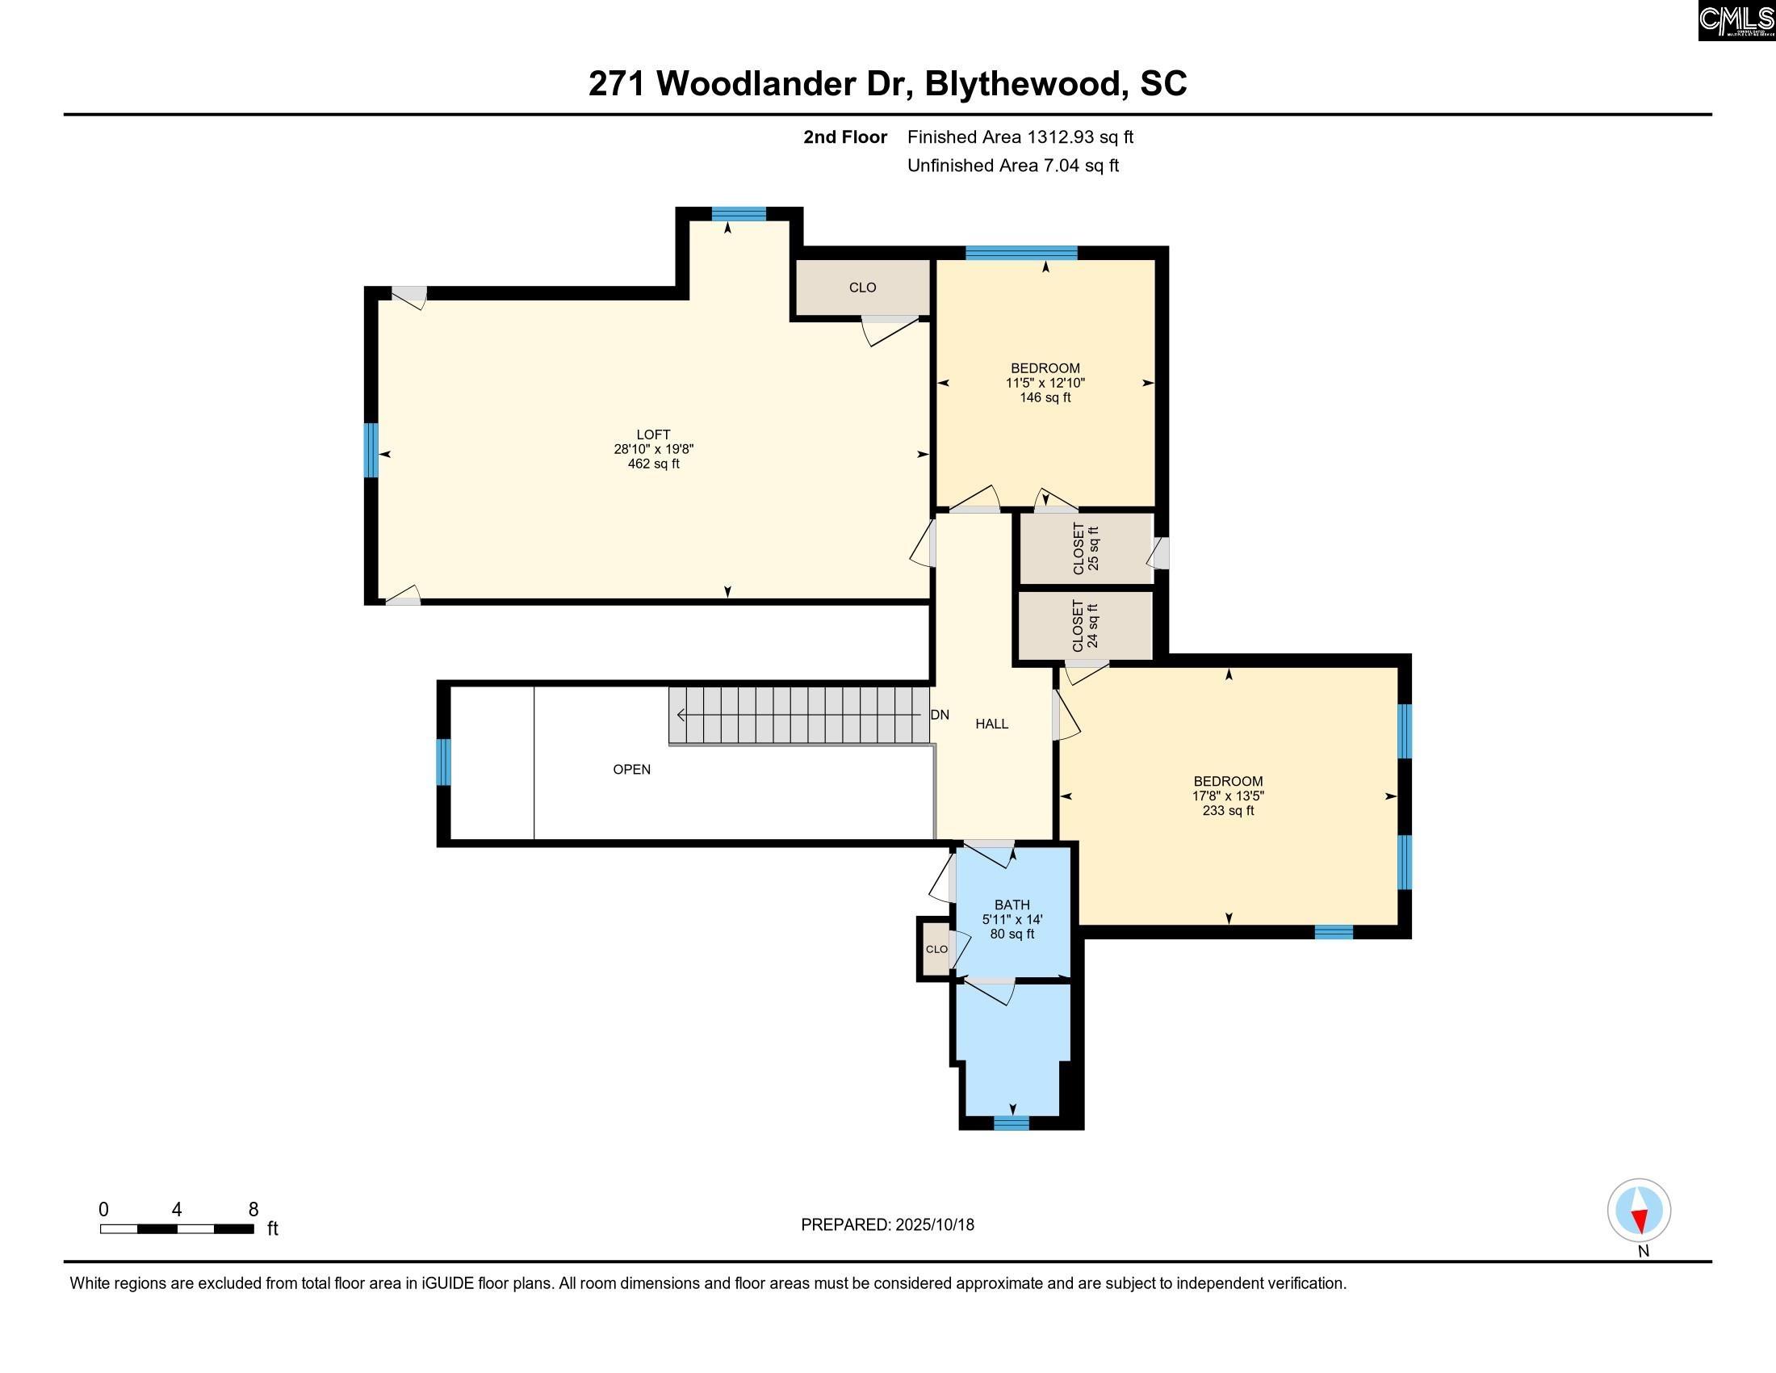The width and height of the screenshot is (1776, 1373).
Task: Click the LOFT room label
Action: [653, 435]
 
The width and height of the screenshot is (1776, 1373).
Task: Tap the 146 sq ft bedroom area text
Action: [1045, 397]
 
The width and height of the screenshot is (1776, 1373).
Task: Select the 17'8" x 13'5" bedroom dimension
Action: [1228, 796]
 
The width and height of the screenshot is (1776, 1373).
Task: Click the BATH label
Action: [1012, 905]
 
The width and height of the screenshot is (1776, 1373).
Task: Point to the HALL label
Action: [991, 724]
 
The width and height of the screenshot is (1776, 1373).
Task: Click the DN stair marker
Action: [939, 715]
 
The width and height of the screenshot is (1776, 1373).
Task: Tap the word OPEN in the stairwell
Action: [632, 770]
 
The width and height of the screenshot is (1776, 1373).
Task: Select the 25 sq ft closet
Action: [1087, 548]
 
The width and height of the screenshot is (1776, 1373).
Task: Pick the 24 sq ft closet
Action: [1086, 625]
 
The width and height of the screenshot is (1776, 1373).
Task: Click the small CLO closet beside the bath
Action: [936, 949]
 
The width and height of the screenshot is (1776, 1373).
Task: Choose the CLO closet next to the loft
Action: [862, 288]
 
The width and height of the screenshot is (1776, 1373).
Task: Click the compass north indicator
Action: [1639, 1211]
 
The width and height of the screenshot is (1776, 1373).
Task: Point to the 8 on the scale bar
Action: [253, 1210]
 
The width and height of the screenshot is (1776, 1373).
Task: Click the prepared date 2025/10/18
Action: [934, 1225]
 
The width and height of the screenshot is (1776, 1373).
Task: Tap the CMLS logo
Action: [1736, 20]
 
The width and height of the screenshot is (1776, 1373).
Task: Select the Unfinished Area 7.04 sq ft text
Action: [1012, 166]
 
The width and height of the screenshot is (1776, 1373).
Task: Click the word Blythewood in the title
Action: [1022, 84]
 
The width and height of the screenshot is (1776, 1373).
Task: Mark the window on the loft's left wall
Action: [371, 450]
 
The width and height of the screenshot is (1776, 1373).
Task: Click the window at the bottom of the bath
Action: [1011, 1123]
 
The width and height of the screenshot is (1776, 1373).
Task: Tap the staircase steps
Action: [799, 716]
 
